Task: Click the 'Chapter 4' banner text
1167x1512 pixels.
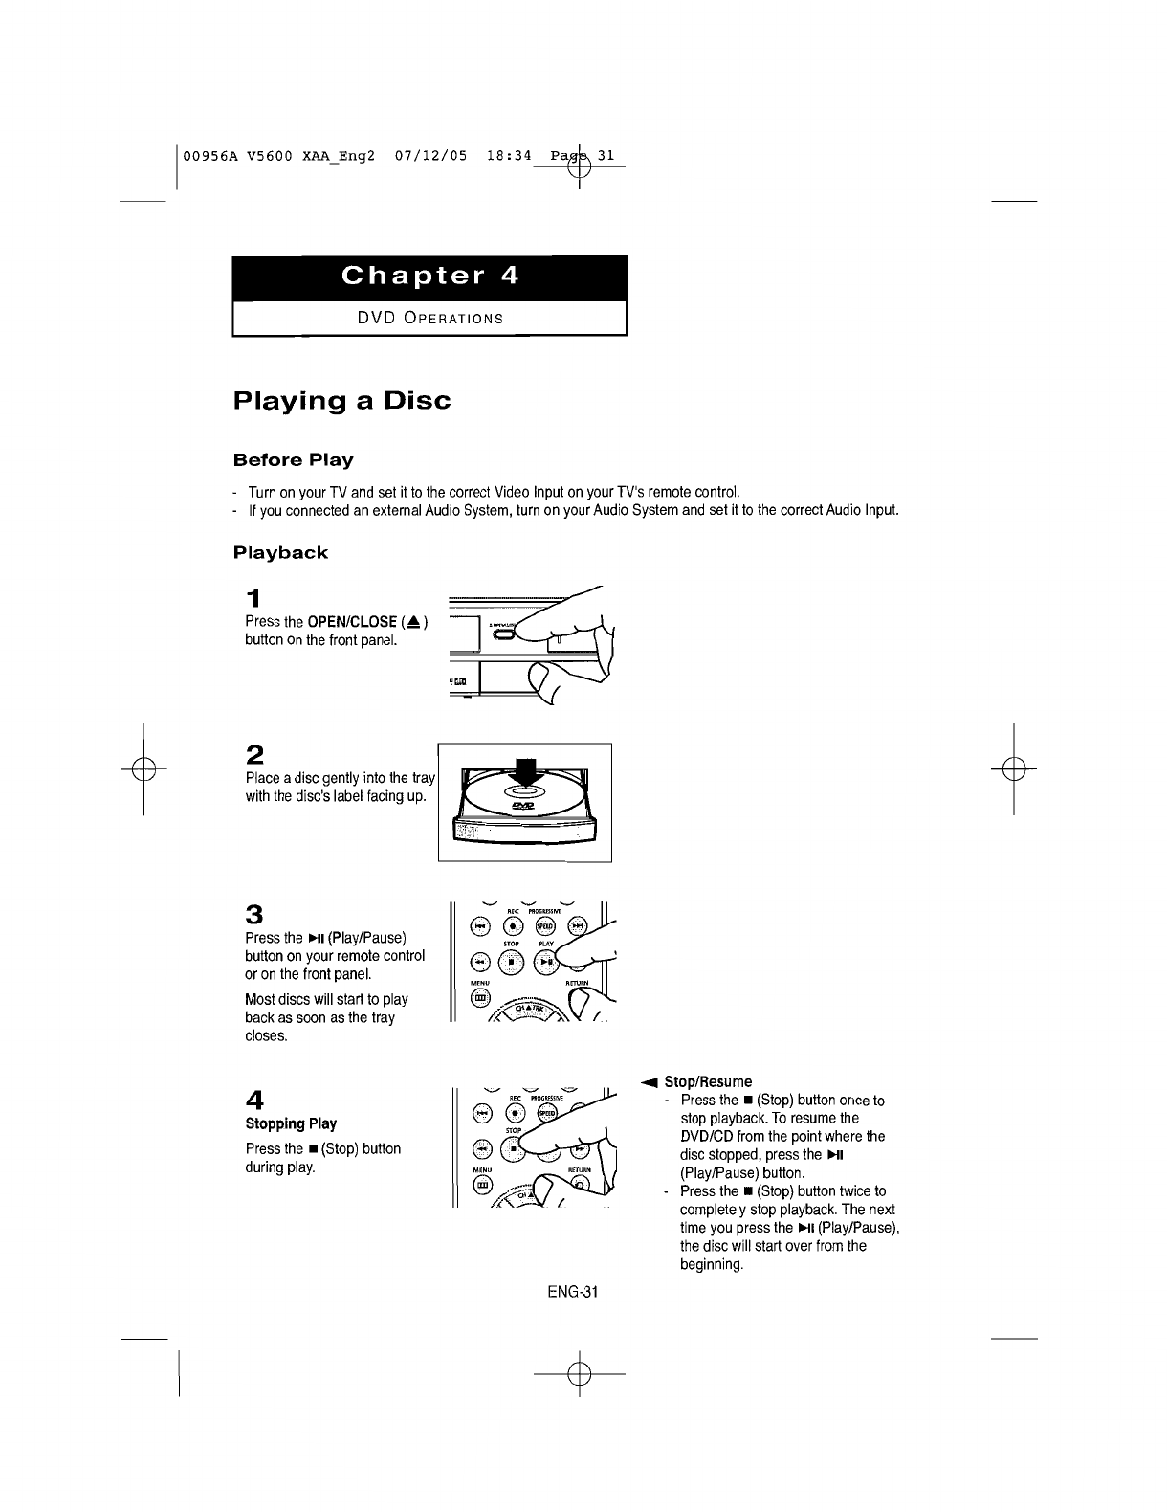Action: click(429, 277)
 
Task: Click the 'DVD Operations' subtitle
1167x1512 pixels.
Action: click(429, 318)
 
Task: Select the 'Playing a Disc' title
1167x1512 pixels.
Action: click(341, 400)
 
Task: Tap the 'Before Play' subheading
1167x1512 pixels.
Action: click(294, 460)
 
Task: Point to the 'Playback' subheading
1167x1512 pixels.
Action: click(280, 553)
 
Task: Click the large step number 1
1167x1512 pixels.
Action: click(253, 599)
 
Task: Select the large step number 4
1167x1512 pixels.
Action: click(254, 1097)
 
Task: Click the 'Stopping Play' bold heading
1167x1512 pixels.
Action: click(291, 1124)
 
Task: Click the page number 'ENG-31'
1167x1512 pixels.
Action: click(572, 1293)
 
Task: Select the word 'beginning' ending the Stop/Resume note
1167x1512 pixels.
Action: click(712, 1265)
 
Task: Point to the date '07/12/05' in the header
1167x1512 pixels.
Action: click(430, 155)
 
